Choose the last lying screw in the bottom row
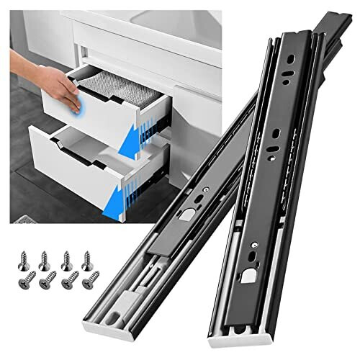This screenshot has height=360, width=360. pos(91,282)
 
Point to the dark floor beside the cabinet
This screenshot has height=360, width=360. pos(29,166)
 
